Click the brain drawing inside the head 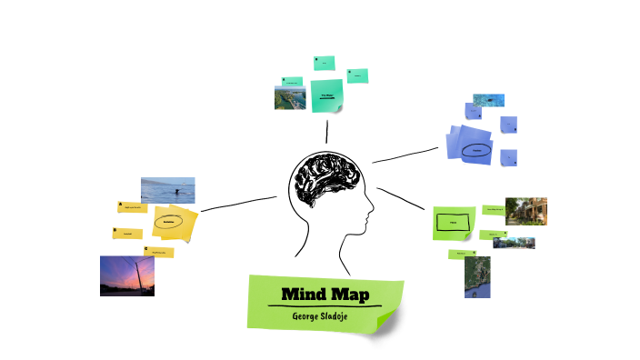324,180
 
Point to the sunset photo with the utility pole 125,275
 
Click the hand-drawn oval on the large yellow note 169,221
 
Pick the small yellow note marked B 127,233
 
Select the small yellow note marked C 157,252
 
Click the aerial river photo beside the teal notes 289,97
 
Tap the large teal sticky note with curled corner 325,95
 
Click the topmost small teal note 324,63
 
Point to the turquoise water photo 488,100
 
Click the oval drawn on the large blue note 475,150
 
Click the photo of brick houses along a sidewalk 525,211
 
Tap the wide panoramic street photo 514,243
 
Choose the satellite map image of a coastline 476,276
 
